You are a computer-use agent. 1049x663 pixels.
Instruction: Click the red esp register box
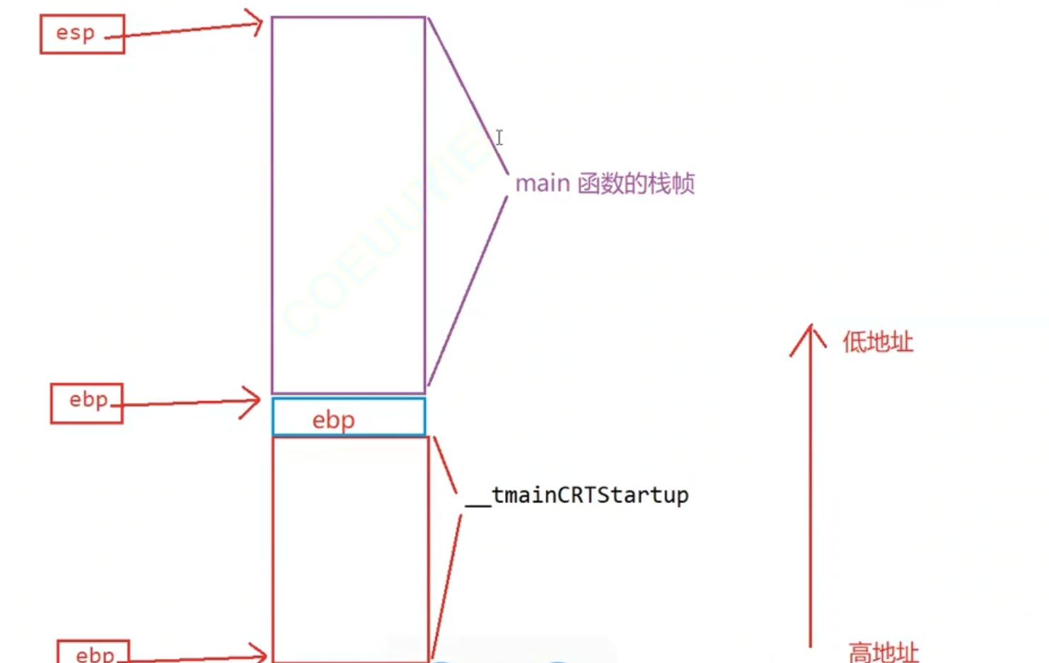[x=82, y=34]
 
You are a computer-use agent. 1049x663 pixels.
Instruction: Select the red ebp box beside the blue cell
[x=86, y=403]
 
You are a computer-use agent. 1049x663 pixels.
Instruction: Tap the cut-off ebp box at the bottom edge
[x=93, y=652]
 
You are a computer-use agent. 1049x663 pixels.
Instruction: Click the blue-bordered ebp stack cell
[x=349, y=417]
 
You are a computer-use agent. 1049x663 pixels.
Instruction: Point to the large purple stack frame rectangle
[x=349, y=205]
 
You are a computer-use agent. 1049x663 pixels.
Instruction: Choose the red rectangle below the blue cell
[x=351, y=548]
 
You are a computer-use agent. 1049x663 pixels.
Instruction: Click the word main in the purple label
[x=543, y=184]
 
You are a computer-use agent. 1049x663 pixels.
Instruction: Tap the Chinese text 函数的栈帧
[x=636, y=184]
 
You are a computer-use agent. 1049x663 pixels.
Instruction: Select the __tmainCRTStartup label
[x=577, y=495]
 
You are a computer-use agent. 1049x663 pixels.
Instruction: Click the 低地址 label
[x=878, y=342]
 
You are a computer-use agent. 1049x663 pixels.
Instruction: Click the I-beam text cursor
[x=499, y=137]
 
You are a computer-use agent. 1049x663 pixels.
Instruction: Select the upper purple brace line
[x=467, y=96]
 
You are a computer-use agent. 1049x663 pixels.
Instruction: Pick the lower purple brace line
[x=468, y=291]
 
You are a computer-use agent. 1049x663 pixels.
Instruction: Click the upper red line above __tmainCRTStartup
[x=445, y=465]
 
